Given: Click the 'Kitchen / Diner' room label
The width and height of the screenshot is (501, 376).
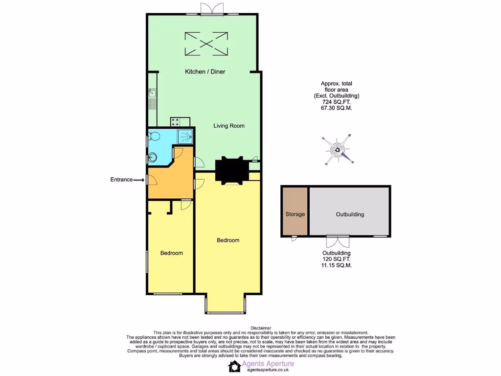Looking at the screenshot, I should coord(205,72).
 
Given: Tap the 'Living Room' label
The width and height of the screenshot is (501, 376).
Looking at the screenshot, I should coord(228,126).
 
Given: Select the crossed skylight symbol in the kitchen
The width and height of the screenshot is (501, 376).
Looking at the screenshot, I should coord(206,43).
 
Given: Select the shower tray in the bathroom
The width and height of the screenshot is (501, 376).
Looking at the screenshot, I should coord(185,136).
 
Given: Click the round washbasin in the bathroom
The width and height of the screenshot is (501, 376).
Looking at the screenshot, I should coord(153,157).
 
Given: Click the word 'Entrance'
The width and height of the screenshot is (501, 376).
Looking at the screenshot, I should coord(121,180).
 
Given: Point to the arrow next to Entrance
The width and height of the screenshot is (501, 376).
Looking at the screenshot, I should coord(139,180).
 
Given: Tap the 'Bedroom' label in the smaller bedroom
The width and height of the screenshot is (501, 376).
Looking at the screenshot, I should coord(172,253).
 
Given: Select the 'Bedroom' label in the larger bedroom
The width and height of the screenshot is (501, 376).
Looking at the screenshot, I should coord(228,240).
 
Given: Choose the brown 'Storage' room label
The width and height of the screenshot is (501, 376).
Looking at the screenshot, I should coord(295,214).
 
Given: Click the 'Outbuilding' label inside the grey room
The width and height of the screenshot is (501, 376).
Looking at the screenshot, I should coord(349,214).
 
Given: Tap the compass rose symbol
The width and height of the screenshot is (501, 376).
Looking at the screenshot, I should coord(339,150).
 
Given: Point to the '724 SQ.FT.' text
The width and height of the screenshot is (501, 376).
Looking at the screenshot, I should coord(333,102).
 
